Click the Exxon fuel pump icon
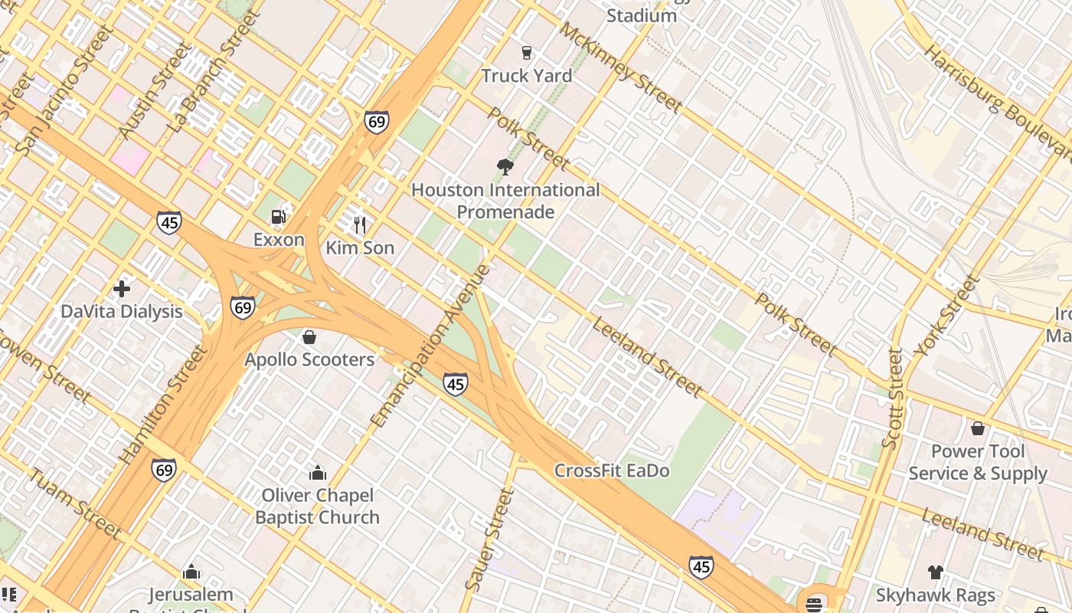click(x=279, y=217)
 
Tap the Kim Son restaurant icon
click(x=360, y=225)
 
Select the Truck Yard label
click(x=526, y=75)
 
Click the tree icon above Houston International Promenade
click(x=505, y=166)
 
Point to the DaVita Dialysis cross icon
click(x=121, y=289)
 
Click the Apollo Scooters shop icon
click(x=309, y=337)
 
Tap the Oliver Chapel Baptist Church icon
click(x=317, y=473)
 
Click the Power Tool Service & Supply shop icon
click(x=977, y=428)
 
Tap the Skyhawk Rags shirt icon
click(x=935, y=572)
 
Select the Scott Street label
click(x=892, y=398)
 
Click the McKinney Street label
click(x=620, y=67)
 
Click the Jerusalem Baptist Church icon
click(x=191, y=572)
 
